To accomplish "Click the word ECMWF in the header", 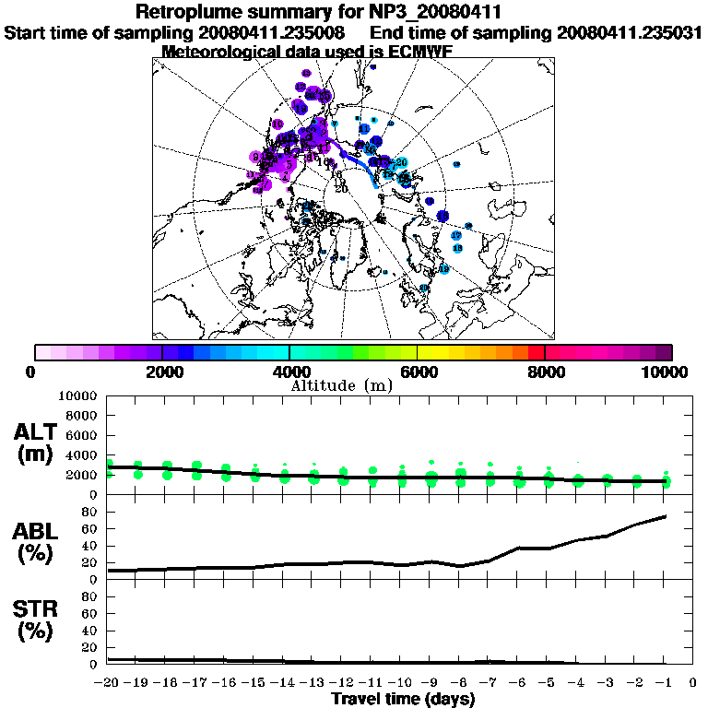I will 412,53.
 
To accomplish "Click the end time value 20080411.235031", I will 630,32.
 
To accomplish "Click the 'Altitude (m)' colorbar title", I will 341,384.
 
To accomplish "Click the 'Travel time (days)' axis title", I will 403,699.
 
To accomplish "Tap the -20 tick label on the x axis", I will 107,682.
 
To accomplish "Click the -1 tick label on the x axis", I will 665,682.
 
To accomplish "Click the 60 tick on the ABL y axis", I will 90,529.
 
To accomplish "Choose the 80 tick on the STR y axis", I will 90,596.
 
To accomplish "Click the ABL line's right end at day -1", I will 665,516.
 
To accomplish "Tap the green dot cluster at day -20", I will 109,468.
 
